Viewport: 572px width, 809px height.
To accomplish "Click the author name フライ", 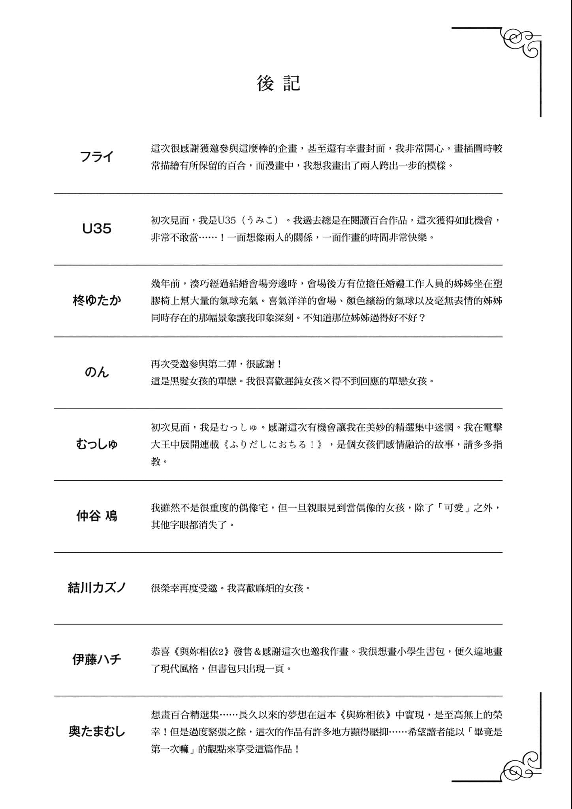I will (x=97, y=157).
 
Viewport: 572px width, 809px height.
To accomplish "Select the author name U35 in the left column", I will (x=97, y=229).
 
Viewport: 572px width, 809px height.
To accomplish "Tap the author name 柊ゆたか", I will (x=97, y=301).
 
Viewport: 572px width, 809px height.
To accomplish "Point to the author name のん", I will (x=97, y=372).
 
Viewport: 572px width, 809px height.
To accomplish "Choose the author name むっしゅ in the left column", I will (x=97, y=444).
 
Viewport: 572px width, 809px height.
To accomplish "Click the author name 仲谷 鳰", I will (x=97, y=516).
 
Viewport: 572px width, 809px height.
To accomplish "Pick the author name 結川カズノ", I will (x=97, y=588).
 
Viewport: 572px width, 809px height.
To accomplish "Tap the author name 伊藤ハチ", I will (x=97, y=660).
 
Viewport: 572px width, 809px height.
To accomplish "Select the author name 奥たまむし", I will (x=97, y=732).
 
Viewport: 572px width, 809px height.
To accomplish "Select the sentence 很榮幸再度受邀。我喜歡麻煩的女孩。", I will (x=231, y=588).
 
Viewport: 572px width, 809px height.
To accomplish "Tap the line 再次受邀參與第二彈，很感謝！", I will (x=216, y=364).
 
